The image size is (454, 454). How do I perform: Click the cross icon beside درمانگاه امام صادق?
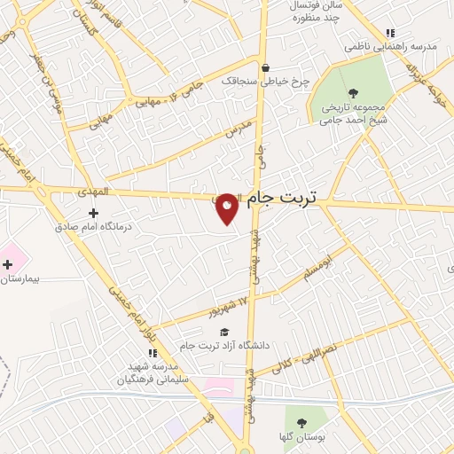pos(94,212)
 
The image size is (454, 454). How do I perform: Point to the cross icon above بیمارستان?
pos(7,264)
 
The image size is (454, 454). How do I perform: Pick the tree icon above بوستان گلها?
pos(301,423)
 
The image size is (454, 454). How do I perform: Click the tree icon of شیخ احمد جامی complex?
pos(353,92)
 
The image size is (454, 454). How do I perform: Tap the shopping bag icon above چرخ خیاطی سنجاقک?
pos(264,67)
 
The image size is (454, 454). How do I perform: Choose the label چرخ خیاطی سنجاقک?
pos(265,81)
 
